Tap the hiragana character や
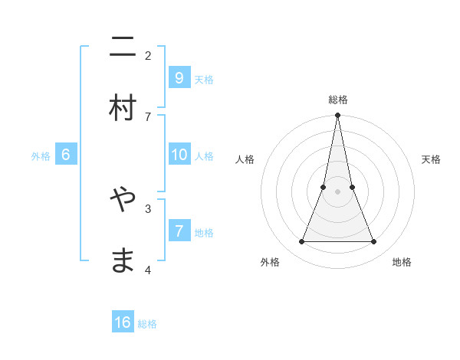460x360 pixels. click(123, 201)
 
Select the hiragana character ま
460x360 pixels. click(123, 260)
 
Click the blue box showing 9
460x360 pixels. click(179, 77)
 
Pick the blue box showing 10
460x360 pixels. click(179, 155)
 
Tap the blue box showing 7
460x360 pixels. click(179, 231)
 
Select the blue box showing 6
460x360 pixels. click(66, 155)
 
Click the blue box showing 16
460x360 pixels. click(123, 322)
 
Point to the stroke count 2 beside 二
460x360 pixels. click(148, 55)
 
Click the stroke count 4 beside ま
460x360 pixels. click(148, 270)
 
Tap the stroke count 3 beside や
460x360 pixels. click(148, 208)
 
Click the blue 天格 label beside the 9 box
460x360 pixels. click(204, 80)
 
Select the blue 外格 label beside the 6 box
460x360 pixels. click(41, 156)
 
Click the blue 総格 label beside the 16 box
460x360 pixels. click(147, 324)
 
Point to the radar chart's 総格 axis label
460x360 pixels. click(337, 100)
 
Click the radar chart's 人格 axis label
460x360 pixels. click(245, 159)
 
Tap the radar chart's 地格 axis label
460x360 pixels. click(402, 262)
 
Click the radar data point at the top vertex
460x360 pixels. click(337, 116)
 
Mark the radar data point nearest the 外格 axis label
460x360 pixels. click(301, 242)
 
